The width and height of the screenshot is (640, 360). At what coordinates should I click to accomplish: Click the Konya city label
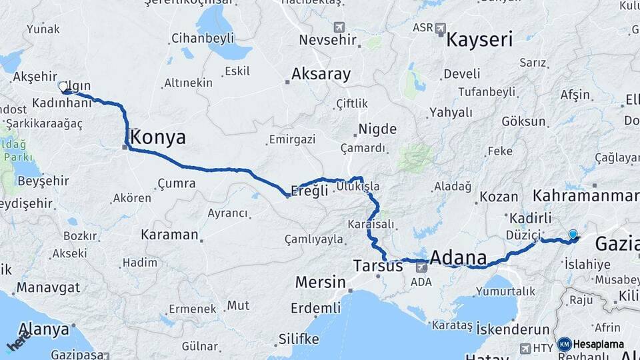coord(159,137)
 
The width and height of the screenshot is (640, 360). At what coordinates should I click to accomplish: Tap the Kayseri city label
coord(479,39)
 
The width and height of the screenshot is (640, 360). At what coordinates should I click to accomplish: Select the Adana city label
coord(458,257)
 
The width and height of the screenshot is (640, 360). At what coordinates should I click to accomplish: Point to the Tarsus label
coord(378,265)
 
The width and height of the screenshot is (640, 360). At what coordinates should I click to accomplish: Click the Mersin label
coord(320,282)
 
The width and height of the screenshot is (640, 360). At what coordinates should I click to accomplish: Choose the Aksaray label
coord(321,74)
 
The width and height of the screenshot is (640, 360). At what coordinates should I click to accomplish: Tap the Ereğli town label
coord(311,191)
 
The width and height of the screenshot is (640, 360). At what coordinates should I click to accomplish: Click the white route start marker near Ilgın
coord(63,87)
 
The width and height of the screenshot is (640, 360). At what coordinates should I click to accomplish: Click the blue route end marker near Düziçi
coord(573,234)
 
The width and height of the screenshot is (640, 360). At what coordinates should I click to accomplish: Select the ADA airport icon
coord(421,268)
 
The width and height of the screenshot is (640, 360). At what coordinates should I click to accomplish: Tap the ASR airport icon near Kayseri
coord(439,28)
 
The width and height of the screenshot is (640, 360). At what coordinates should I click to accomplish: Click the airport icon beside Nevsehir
coord(340,27)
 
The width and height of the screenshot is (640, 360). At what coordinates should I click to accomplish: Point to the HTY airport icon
coord(525,347)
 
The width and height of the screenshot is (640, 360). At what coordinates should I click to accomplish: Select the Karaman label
coord(169,235)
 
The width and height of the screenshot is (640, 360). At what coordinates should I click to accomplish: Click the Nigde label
coord(377,129)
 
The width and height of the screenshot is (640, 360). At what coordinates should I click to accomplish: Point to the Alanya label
coord(45,329)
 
